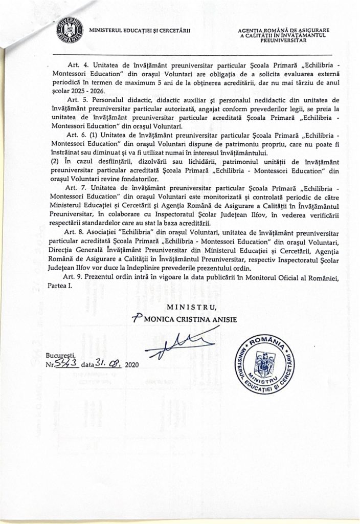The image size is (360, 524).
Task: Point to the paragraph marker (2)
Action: pos(57,161)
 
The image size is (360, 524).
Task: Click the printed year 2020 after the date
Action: pos(131,366)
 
